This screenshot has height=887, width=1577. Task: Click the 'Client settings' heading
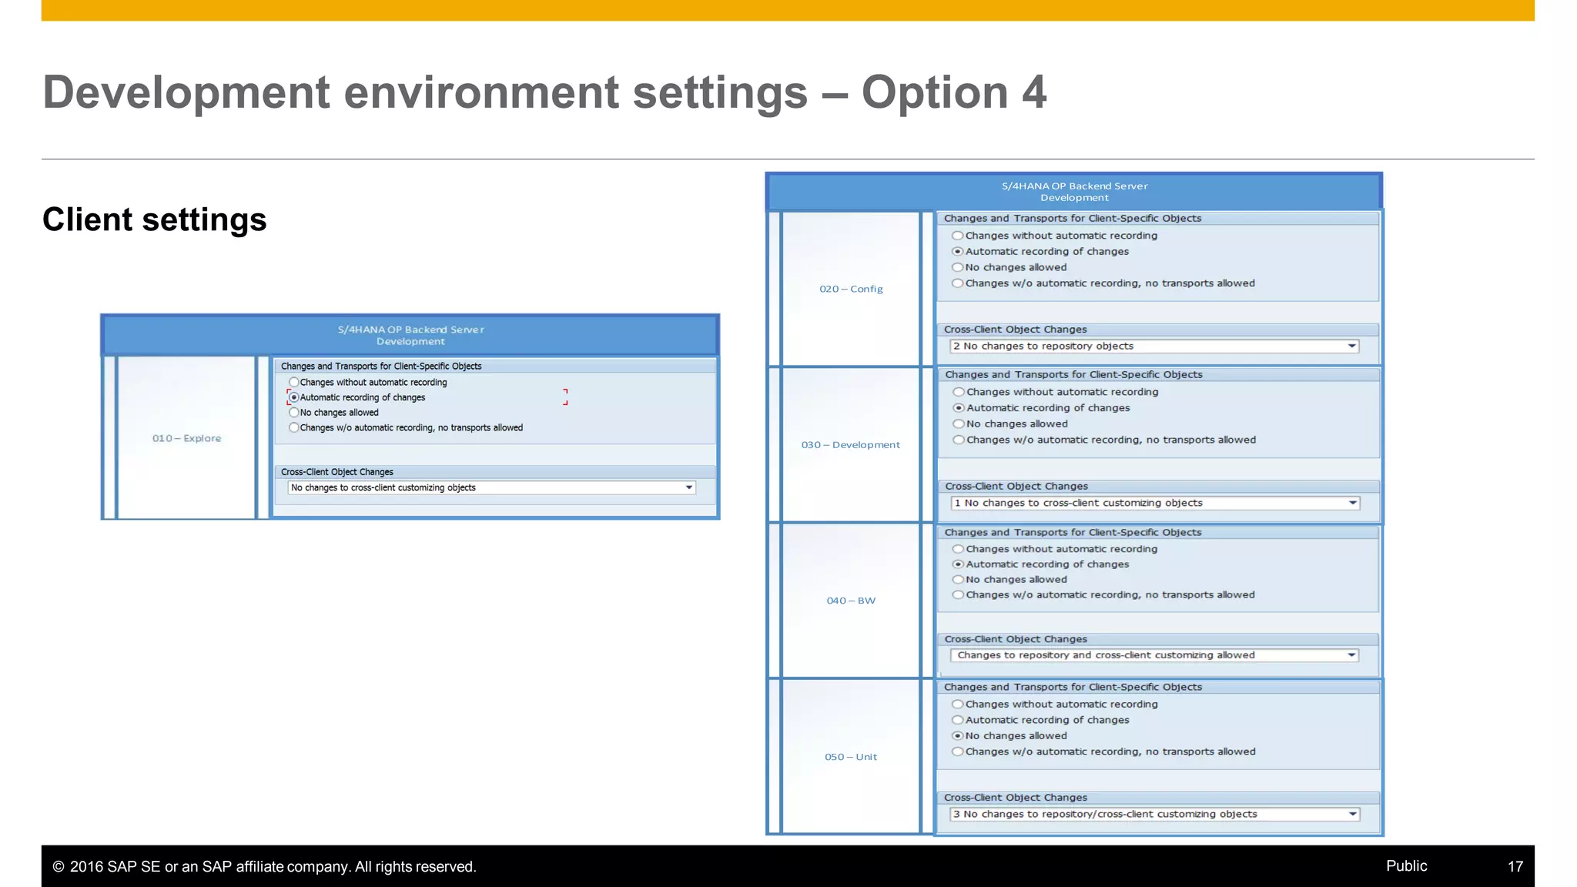click(154, 220)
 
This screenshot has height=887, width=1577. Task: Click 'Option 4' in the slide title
click(953, 93)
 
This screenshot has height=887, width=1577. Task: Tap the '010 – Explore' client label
click(186, 438)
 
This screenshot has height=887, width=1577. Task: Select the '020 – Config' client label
click(851, 289)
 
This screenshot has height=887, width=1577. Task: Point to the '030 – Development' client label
click(850, 445)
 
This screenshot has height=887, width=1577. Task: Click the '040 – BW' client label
click(851, 601)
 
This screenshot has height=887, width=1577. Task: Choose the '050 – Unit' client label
click(851, 757)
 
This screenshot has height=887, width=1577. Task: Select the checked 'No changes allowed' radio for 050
click(958, 736)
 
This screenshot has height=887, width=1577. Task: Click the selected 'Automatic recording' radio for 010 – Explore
click(293, 397)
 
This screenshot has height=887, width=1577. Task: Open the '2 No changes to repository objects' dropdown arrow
click(1351, 346)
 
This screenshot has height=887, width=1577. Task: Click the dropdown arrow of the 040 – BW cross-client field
click(1351, 655)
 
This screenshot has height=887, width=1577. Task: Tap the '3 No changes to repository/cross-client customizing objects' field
click(1147, 815)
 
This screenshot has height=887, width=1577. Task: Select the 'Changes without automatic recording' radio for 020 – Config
click(958, 236)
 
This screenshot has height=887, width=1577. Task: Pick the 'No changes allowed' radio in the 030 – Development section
click(959, 424)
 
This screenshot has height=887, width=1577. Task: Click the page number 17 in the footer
click(1515, 866)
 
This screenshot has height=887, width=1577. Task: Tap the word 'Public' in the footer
click(1406, 865)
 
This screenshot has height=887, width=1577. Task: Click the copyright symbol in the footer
click(59, 867)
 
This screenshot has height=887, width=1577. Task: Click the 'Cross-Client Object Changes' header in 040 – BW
click(1016, 639)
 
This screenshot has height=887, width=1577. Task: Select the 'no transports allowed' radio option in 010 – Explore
click(293, 428)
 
